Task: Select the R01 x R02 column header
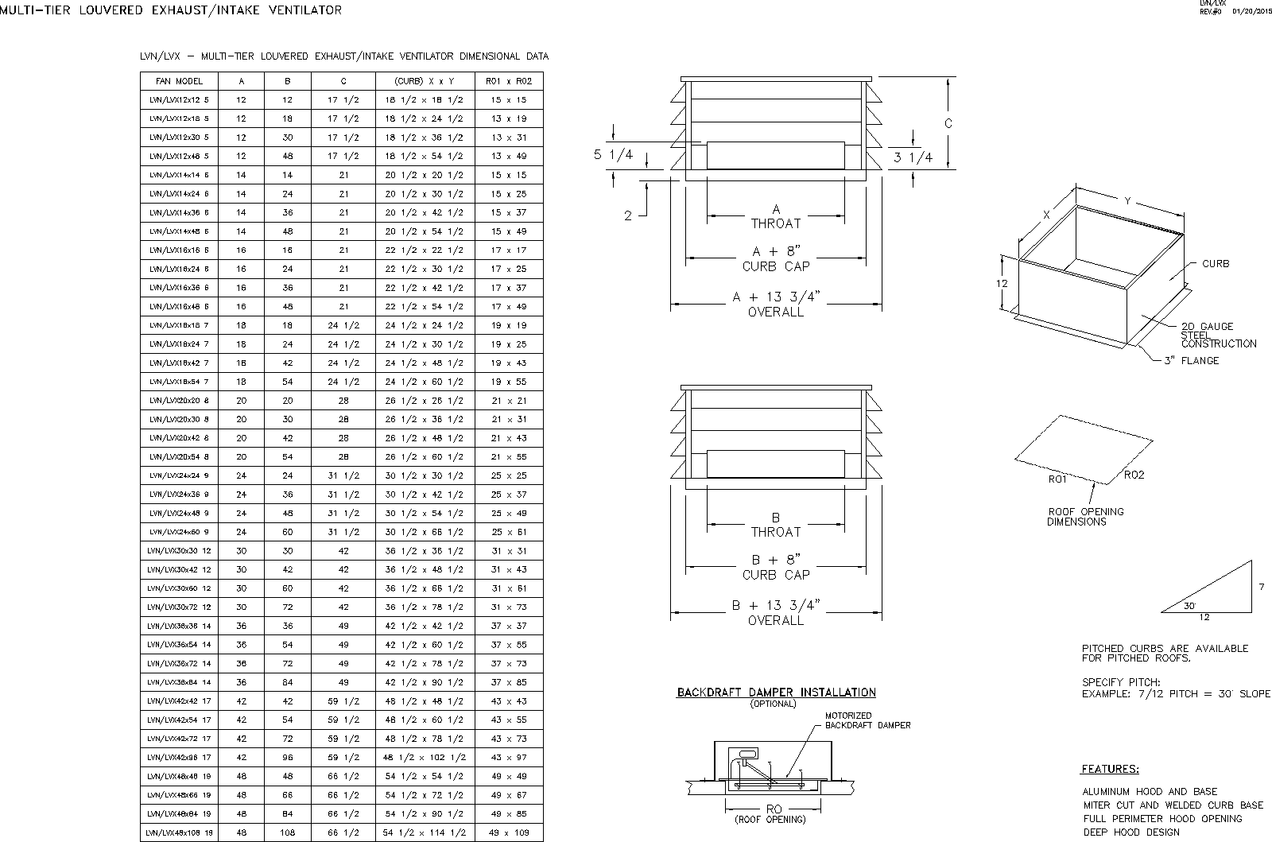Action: [x=509, y=81]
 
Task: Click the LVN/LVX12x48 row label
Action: [x=179, y=157]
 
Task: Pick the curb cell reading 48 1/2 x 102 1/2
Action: [x=425, y=758]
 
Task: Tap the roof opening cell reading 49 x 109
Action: [x=509, y=832]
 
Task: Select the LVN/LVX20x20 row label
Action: [x=179, y=401]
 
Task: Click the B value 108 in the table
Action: [x=288, y=832]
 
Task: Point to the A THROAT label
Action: [x=776, y=217]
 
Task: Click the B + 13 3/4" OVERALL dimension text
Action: [x=776, y=613]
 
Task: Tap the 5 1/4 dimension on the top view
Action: [x=614, y=155]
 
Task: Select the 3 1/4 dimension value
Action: [x=913, y=157]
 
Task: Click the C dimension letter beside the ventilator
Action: [x=948, y=124]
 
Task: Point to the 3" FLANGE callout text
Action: [x=1191, y=361]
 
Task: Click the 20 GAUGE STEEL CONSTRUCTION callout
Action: [x=1218, y=335]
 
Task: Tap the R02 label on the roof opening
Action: [x=1134, y=475]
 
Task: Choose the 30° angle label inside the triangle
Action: [x=1189, y=606]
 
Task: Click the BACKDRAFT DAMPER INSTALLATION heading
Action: [x=776, y=693]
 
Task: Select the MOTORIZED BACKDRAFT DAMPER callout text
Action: [x=867, y=720]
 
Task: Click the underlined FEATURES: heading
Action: [x=1110, y=769]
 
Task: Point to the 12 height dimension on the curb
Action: [x=1002, y=284]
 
